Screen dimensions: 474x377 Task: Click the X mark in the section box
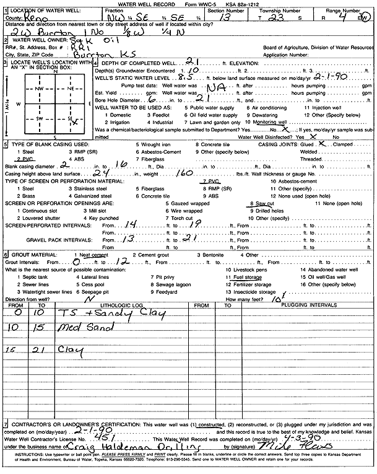[74, 123]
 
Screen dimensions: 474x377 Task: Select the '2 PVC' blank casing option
[23, 157]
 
